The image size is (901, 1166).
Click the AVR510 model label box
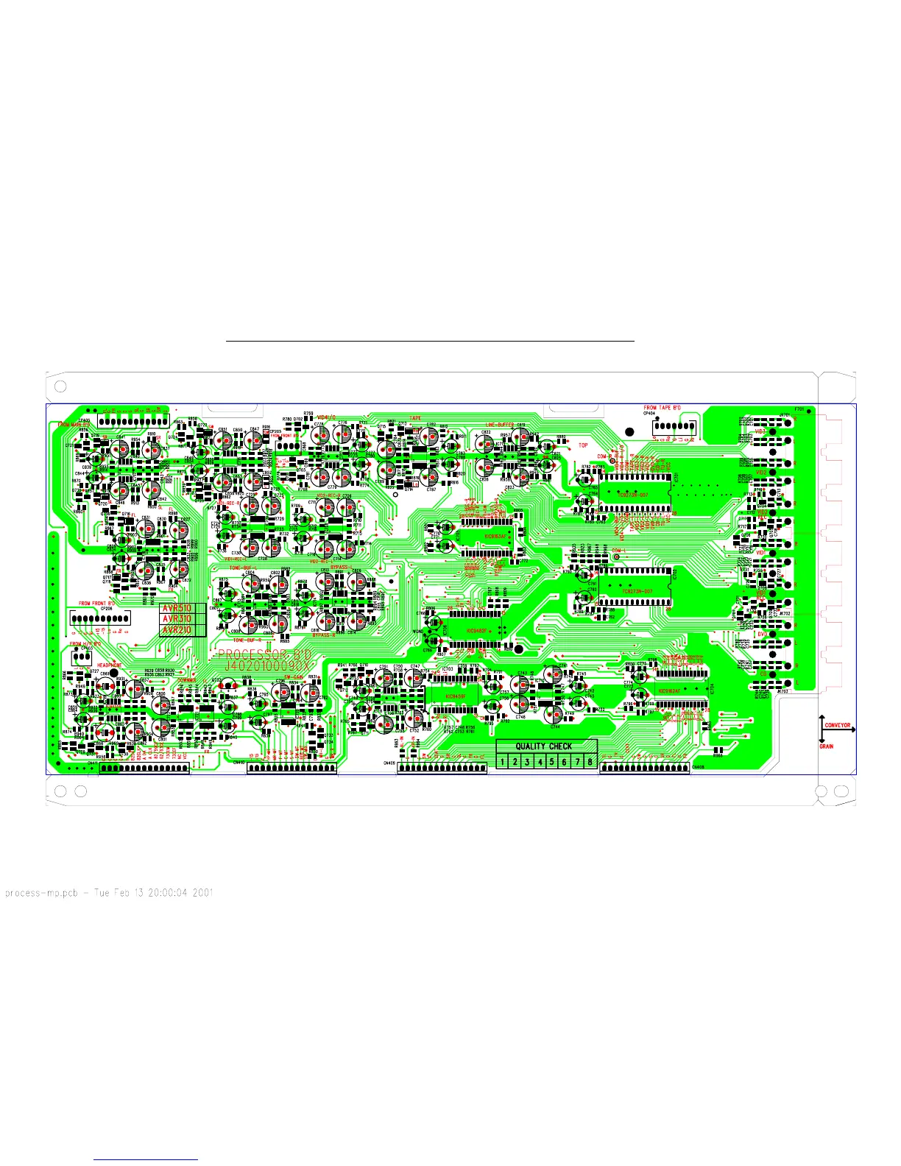coord(177,609)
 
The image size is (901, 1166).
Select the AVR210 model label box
coord(177,630)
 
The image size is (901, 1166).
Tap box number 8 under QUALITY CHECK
coord(590,762)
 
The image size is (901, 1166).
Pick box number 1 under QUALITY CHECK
coord(503,762)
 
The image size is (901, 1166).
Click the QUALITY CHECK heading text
coord(544,746)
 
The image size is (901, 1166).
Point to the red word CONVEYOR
coord(838,726)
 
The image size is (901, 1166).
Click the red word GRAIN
coord(827,747)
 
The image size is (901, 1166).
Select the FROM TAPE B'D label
coord(662,408)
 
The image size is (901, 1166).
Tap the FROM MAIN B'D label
coord(74,425)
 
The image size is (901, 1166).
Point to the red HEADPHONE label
coord(110,665)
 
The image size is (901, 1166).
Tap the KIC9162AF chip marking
coord(670,691)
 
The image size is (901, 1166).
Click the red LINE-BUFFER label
coord(500,425)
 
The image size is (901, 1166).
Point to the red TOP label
coord(583,445)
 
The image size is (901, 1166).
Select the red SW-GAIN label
coord(293,676)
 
